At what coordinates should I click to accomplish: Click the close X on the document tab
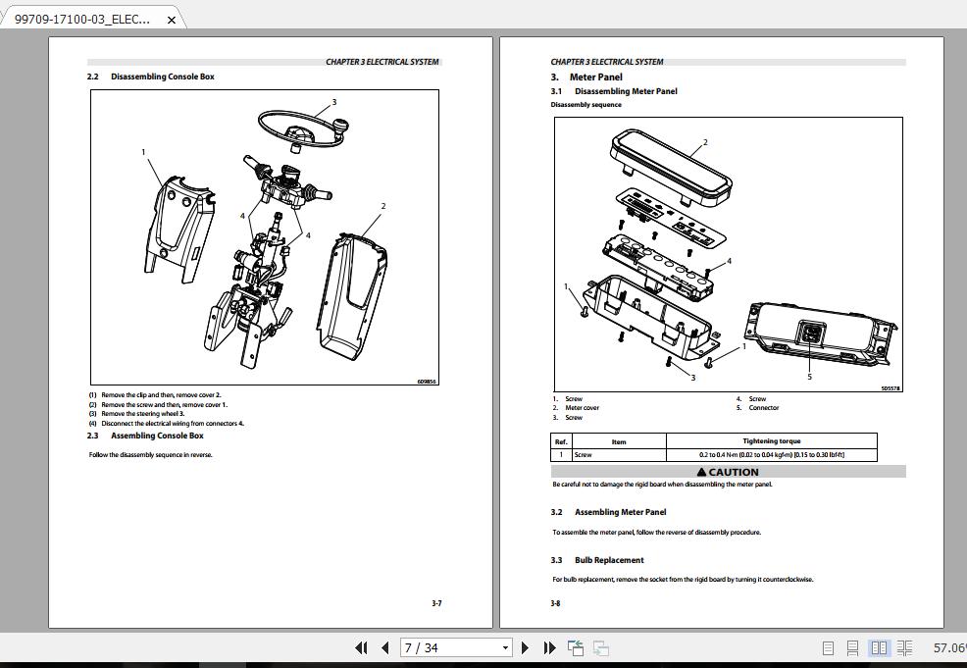click(x=172, y=20)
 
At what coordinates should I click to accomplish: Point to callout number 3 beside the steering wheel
click(x=333, y=102)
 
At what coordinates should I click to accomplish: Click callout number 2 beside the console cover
click(x=383, y=206)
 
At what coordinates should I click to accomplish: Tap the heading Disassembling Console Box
click(x=162, y=77)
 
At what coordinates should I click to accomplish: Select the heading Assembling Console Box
click(x=157, y=436)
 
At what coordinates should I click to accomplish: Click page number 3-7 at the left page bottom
click(x=436, y=603)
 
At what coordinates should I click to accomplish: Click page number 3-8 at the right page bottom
click(x=556, y=603)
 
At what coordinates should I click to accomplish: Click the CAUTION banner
click(x=728, y=472)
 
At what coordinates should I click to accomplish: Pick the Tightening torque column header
click(x=771, y=441)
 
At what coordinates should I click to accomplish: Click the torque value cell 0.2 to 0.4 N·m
click(x=771, y=455)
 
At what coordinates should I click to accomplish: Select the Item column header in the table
click(x=618, y=441)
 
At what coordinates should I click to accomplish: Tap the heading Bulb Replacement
click(x=609, y=560)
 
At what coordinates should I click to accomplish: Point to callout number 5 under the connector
click(x=809, y=377)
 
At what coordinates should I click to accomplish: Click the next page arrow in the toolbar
click(x=525, y=647)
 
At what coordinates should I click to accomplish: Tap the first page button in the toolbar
click(x=361, y=647)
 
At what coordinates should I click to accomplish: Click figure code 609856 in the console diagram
click(x=427, y=382)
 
